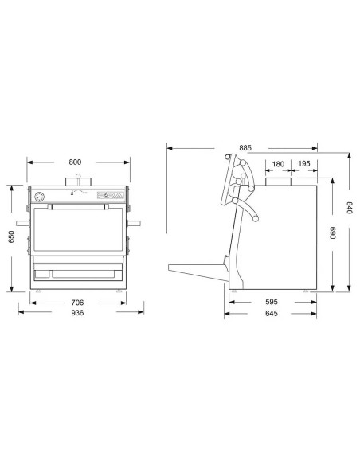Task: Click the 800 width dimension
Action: [75, 162]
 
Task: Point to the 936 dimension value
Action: [77, 313]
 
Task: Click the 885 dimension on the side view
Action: [245, 147]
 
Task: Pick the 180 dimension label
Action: [277, 164]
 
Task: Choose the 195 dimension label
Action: [305, 164]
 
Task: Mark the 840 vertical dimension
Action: [348, 214]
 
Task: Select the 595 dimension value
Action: [272, 303]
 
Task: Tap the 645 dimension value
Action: [272, 314]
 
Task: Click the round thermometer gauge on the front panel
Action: [39, 196]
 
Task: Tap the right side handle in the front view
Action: [136, 223]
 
